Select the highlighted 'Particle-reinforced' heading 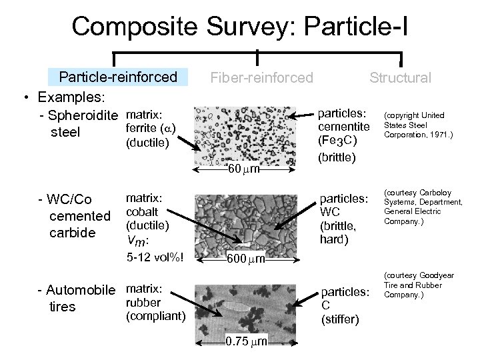119,77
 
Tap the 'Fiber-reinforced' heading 261,77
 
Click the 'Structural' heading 401,77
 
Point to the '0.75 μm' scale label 245,342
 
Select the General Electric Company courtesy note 424,207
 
